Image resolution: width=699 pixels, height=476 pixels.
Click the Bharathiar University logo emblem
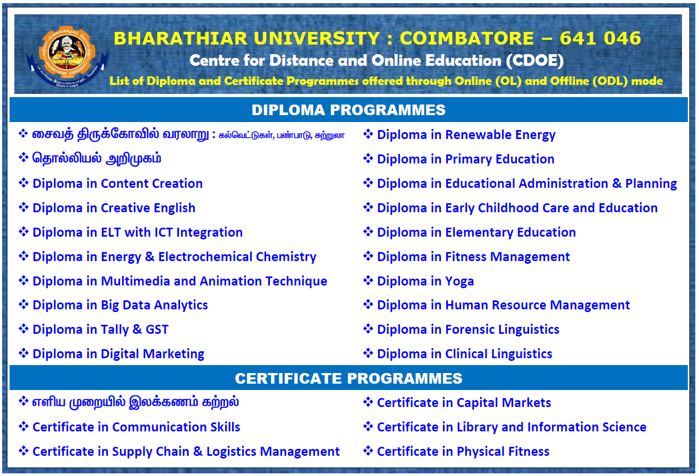(67, 56)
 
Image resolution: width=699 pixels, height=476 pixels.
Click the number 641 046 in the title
(600, 38)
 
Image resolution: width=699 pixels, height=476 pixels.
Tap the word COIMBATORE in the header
(467, 38)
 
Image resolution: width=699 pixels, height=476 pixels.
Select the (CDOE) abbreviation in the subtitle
(535, 61)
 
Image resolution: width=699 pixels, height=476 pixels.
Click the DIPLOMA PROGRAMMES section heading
(348, 110)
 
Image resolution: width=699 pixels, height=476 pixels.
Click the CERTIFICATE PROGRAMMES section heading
(348, 378)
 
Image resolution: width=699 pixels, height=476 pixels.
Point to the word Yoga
(459, 282)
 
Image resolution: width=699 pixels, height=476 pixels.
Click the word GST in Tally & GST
(157, 330)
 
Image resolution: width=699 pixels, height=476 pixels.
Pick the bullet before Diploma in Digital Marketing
(23, 353)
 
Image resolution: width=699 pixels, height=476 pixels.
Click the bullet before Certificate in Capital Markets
(368, 402)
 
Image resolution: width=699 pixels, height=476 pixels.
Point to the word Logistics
(231, 452)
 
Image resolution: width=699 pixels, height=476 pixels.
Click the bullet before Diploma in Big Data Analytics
(23, 305)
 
